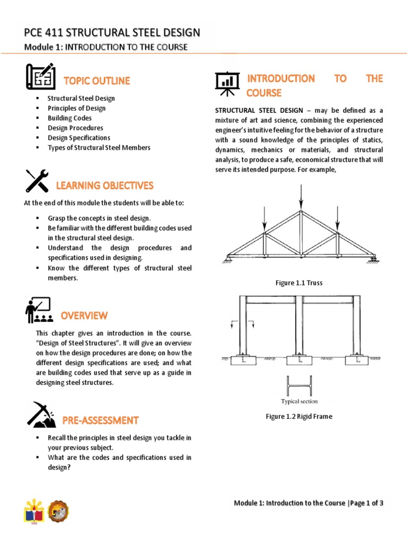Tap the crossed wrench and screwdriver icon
point(37,181)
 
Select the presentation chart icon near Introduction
point(227,84)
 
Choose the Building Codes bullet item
point(69,118)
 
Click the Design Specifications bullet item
point(79,138)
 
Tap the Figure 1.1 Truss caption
point(299,283)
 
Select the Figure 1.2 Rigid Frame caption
point(299,417)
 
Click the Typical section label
point(299,401)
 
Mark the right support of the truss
point(373,258)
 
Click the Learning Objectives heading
point(104,185)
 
